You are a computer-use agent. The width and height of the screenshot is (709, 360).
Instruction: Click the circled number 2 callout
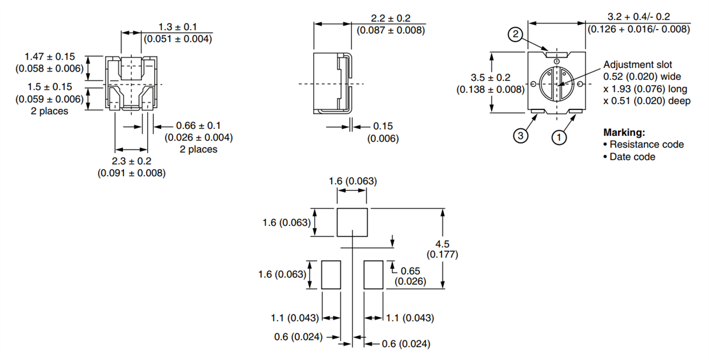(x=515, y=35)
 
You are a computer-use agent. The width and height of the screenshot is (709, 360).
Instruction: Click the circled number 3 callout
(x=520, y=137)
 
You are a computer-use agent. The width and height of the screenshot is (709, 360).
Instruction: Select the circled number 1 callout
(x=558, y=137)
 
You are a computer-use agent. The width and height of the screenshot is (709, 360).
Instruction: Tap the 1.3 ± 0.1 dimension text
(x=177, y=27)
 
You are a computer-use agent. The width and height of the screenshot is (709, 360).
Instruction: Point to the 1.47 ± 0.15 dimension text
(x=50, y=56)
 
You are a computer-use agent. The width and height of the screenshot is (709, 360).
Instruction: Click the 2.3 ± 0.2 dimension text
(x=131, y=161)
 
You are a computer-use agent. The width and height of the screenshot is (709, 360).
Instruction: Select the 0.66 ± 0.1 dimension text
(x=199, y=126)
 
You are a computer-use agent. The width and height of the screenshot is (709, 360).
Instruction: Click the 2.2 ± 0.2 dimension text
(x=387, y=18)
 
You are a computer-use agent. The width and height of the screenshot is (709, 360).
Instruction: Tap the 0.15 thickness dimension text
(x=383, y=126)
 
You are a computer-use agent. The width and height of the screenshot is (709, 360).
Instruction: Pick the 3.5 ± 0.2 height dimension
(x=490, y=77)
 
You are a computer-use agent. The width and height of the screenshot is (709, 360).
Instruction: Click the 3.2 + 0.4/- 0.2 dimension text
(x=638, y=17)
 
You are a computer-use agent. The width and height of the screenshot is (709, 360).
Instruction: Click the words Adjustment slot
(x=638, y=65)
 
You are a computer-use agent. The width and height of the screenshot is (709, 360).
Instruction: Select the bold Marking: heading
(x=624, y=132)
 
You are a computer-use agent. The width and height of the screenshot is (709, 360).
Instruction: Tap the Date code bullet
(x=632, y=157)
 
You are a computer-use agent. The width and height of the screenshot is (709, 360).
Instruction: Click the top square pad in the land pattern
(x=353, y=222)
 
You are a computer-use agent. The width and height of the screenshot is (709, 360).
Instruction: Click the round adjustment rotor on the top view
(x=555, y=85)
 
